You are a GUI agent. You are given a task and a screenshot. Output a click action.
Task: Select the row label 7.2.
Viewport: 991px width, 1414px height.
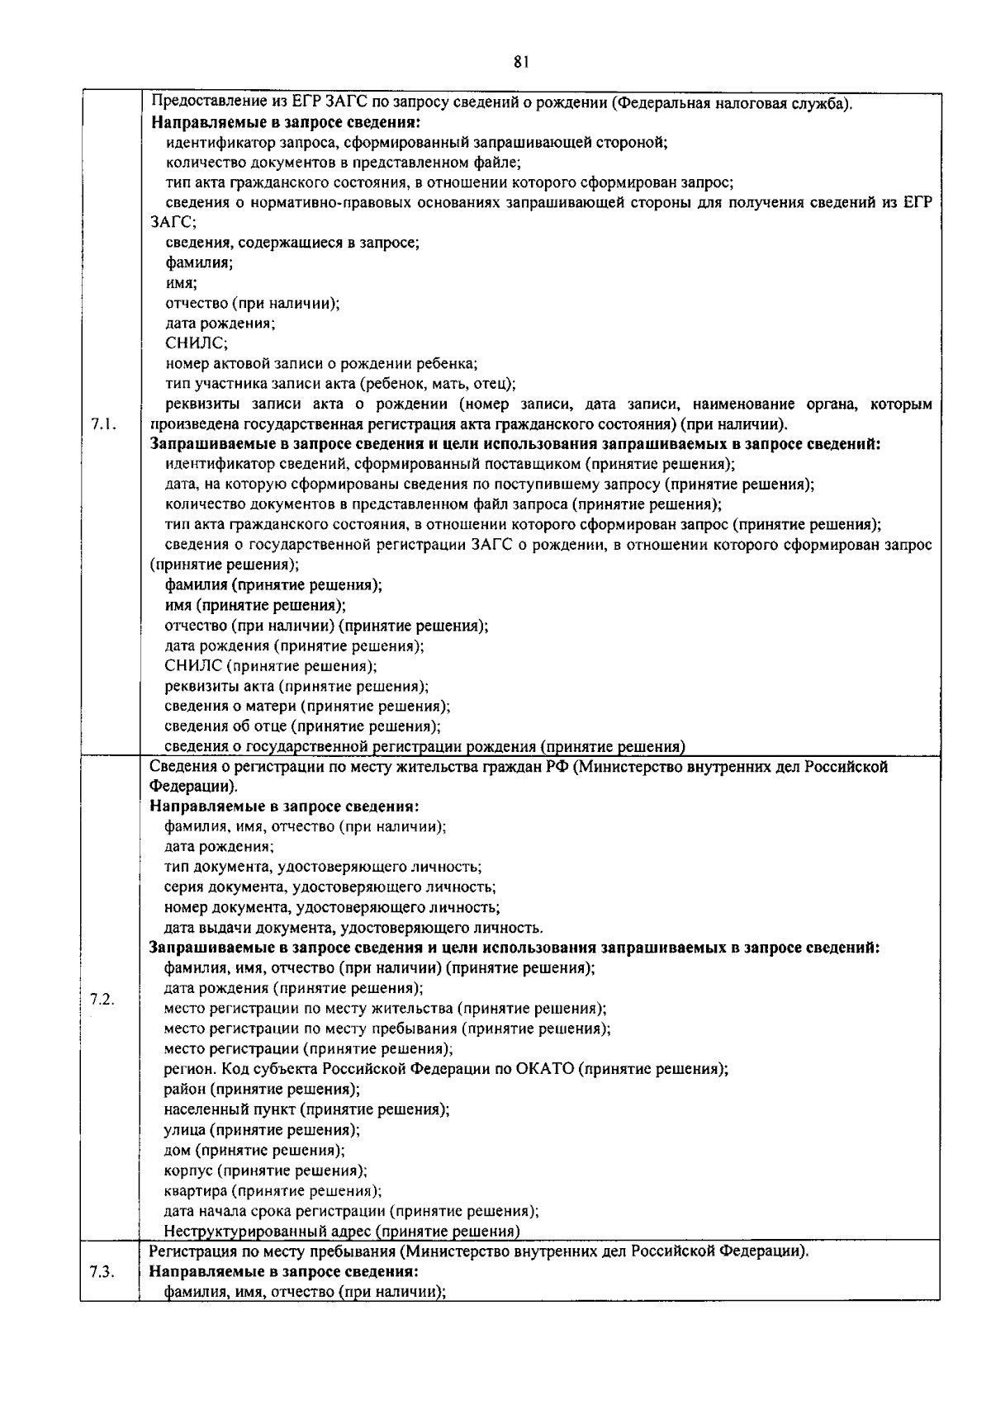pyautogui.click(x=102, y=1000)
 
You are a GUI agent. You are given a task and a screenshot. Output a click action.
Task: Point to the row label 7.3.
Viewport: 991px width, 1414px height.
pyautogui.click(x=102, y=1293)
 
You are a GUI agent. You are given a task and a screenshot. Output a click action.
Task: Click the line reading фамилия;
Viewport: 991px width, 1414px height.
pyautogui.click(x=198, y=263)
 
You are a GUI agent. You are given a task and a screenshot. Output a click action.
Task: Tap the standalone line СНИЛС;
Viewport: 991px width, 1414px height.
pyautogui.click(x=196, y=343)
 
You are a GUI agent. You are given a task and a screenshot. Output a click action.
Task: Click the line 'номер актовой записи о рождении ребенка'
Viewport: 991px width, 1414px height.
pyautogui.click(x=321, y=364)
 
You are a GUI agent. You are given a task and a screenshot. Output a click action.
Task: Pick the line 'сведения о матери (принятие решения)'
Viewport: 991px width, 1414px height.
pyautogui.click(x=306, y=707)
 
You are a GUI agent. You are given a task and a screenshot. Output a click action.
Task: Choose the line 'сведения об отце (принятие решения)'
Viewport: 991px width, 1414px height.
pyautogui.click(x=301, y=726)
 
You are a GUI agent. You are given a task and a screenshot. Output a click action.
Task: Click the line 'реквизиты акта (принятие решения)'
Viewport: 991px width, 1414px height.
pyautogui.click(x=296, y=686)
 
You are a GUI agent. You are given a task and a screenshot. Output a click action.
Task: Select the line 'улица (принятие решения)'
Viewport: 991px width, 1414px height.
pyautogui.click(x=261, y=1130)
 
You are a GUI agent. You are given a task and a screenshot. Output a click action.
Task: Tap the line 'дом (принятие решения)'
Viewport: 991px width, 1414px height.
pyautogui.click(x=254, y=1150)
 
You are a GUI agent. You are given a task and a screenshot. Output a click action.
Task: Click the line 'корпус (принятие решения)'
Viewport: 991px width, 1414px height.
pyautogui.click(x=265, y=1170)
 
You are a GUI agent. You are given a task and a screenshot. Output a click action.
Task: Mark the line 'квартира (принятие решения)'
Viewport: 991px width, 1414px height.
pyautogui.click(x=273, y=1191)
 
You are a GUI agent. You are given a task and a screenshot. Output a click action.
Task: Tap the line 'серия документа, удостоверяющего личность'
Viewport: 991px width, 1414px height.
pyautogui.click(x=330, y=887)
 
